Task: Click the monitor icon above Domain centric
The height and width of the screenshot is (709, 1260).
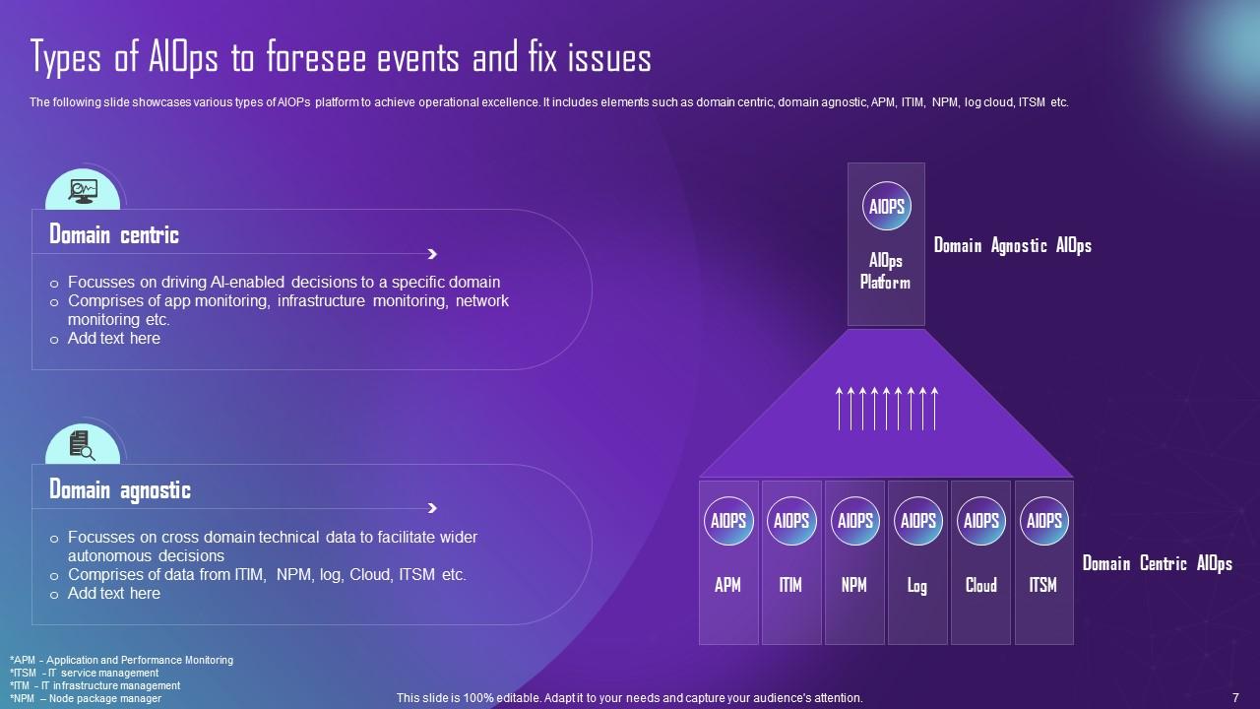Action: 83,191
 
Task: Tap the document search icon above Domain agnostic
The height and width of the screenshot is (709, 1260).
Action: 82,446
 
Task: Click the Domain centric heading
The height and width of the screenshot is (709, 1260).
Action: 114,234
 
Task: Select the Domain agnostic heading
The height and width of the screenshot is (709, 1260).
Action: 120,489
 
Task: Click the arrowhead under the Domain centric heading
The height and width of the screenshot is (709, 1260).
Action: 432,254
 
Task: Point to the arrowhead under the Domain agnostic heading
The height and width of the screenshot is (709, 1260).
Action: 432,508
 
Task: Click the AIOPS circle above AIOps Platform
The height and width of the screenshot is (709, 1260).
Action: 887,206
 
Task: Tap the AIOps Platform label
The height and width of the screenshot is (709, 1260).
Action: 885,271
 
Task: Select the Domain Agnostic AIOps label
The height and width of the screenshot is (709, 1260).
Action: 1013,245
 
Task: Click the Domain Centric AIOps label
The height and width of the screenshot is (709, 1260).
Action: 1157,563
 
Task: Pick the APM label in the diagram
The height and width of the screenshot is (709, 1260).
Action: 727,585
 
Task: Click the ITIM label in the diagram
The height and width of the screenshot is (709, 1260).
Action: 790,585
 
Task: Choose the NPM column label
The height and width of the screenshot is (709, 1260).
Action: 853,585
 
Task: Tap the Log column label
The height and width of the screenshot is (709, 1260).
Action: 916,586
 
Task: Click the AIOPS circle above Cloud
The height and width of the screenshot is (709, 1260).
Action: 981,521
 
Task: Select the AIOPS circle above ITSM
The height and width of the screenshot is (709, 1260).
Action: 1044,521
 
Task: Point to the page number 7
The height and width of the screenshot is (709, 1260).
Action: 1235,698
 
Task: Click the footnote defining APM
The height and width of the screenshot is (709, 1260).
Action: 121,660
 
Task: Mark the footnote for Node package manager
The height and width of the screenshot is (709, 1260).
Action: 86,699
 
